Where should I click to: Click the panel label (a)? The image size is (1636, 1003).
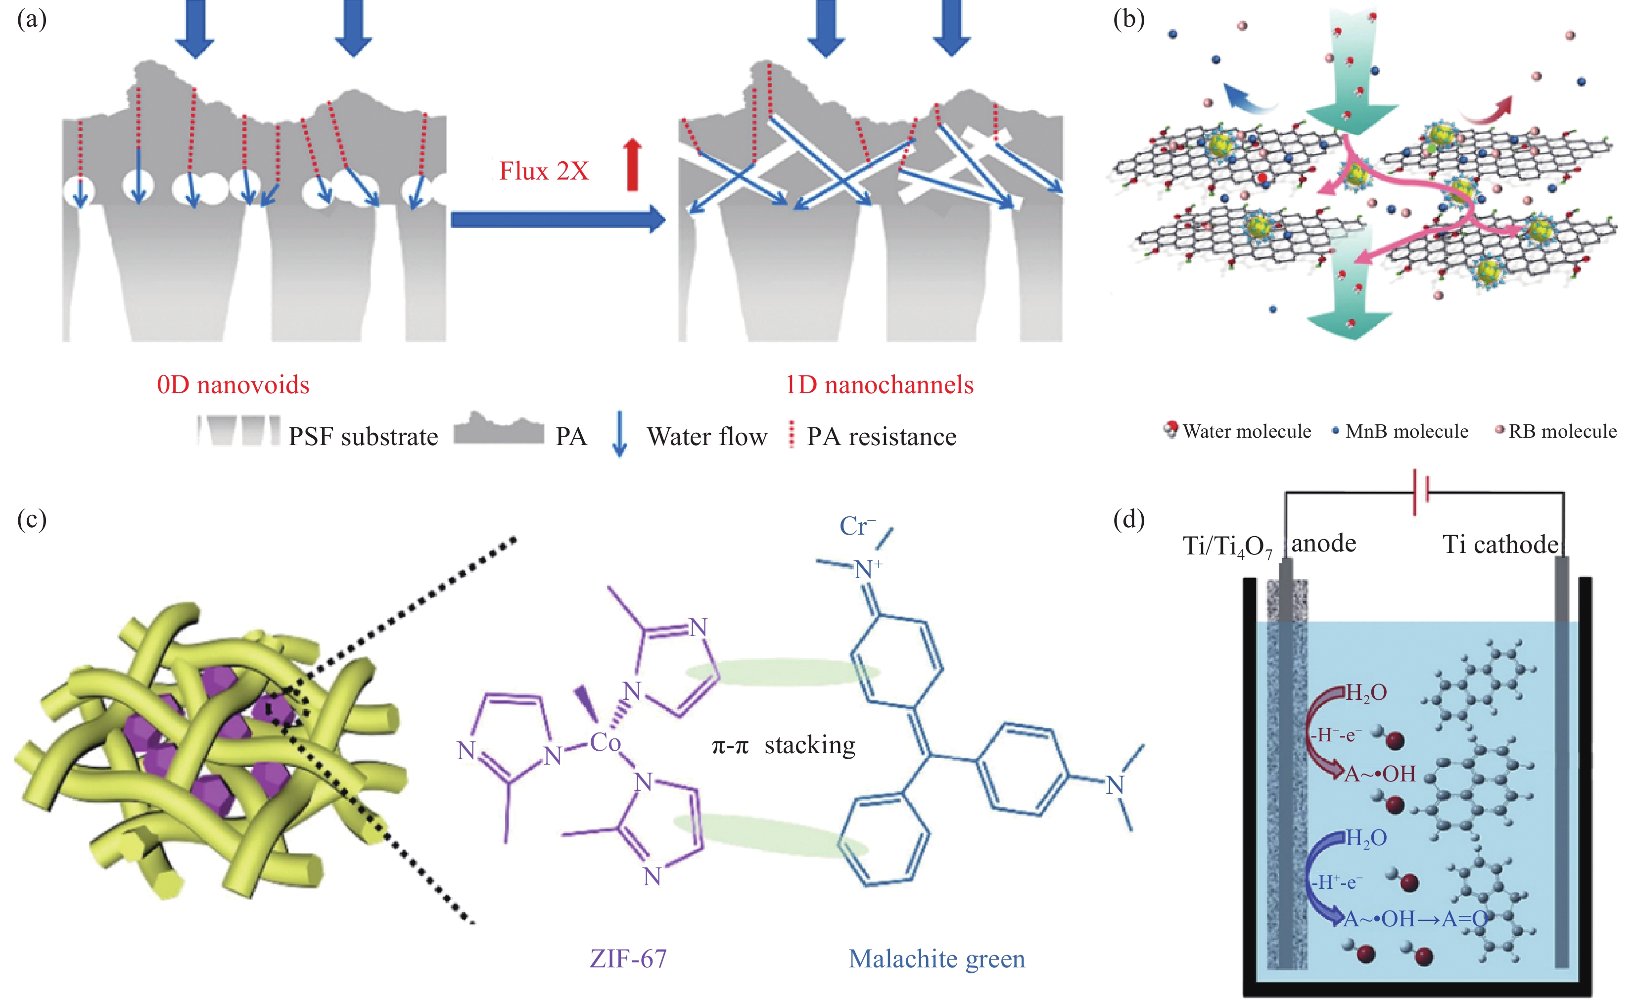31,19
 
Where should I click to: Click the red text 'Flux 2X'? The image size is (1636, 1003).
543,171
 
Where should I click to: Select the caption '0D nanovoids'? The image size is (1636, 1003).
233,385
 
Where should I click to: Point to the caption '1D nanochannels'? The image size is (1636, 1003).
879,385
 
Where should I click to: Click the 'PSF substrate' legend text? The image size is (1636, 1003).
363,437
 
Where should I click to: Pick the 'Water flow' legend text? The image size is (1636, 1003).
706,437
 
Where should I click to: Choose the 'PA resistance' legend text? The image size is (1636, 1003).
881,437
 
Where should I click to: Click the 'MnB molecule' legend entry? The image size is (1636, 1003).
1406,431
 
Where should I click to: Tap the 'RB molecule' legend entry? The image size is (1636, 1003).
1562,431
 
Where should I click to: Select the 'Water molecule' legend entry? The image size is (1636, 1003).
1246,431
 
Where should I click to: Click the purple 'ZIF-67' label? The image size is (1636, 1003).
628,958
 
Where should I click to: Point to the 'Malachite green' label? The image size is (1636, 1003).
936,958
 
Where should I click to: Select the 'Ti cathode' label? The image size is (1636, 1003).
1500,545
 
